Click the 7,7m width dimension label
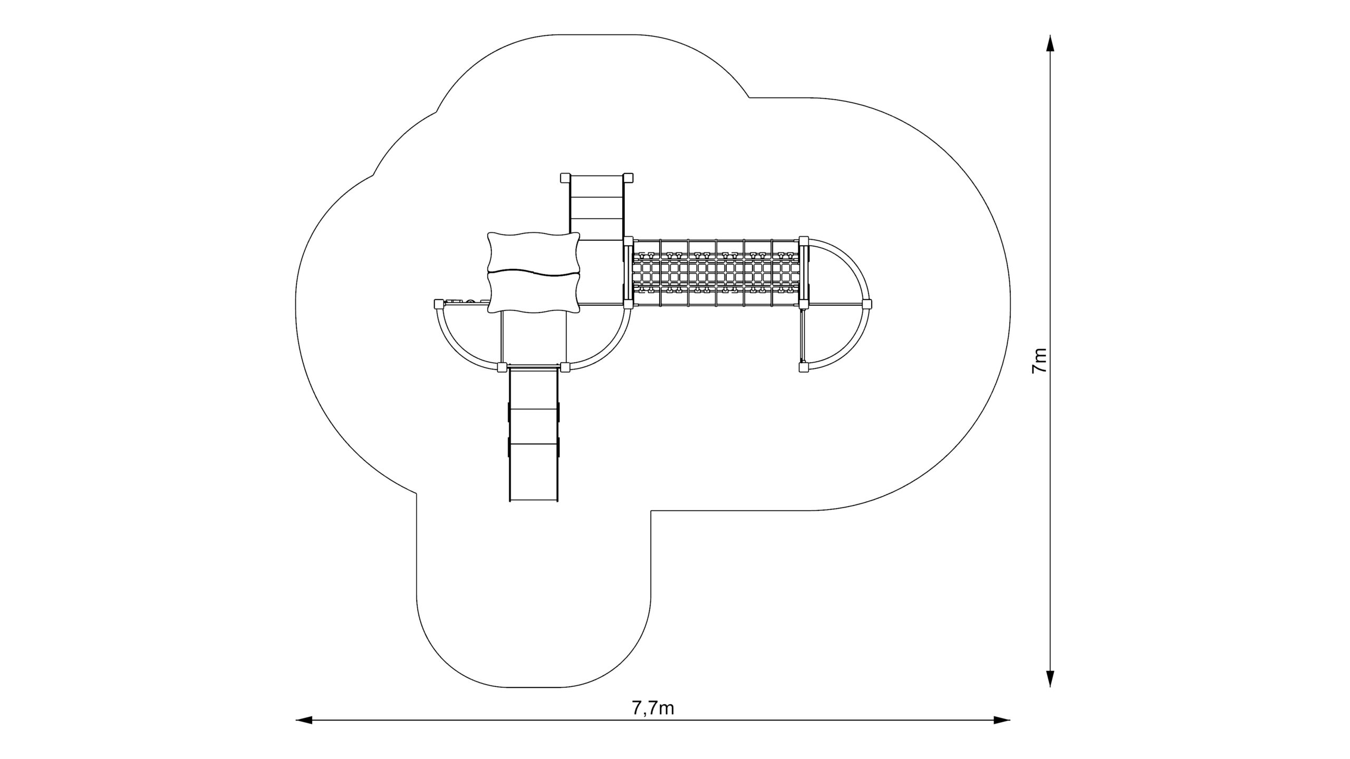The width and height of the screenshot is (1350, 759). pyautogui.click(x=653, y=708)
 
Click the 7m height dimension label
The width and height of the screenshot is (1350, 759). pyautogui.click(x=1039, y=361)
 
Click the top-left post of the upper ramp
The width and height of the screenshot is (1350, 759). pyautogui.click(x=565, y=178)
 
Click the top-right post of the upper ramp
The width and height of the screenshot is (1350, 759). pyautogui.click(x=628, y=178)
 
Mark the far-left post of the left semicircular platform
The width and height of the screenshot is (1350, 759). pyautogui.click(x=439, y=304)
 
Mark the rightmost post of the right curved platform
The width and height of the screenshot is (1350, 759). pyautogui.click(x=867, y=304)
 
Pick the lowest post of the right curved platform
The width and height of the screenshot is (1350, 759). pyautogui.click(x=804, y=367)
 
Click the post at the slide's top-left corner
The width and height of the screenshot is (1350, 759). pyautogui.click(x=502, y=367)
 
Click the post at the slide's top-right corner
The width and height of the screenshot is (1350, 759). pyautogui.click(x=565, y=367)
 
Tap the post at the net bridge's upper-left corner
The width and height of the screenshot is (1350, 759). pyautogui.click(x=628, y=241)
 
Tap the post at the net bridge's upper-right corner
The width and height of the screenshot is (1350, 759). pyautogui.click(x=804, y=241)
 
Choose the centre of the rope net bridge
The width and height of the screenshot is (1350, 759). pyautogui.click(x=716, y=273)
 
